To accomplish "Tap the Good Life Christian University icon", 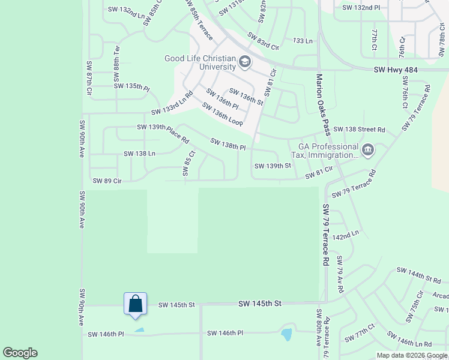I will tap(244, 62).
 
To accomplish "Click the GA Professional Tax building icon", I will tap(368, 149).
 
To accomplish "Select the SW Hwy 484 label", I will tap(395, 70).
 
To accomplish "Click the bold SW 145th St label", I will tap(259, 304).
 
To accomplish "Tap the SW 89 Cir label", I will tap(107, 181).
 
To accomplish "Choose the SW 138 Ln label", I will tap(139, 154).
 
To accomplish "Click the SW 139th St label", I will tap(273, 166).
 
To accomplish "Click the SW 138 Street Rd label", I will tap(359, 129).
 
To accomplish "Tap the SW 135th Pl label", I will tap(131, 86).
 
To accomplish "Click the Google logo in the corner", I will tap(20, 353).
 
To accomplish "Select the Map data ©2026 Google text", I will tap(412, 355).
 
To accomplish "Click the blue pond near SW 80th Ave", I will tap(286, 334).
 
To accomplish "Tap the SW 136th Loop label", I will tap(222, 115).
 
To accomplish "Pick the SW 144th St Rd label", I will tap(418, 275).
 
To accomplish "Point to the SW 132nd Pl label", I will tap(361, 8).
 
